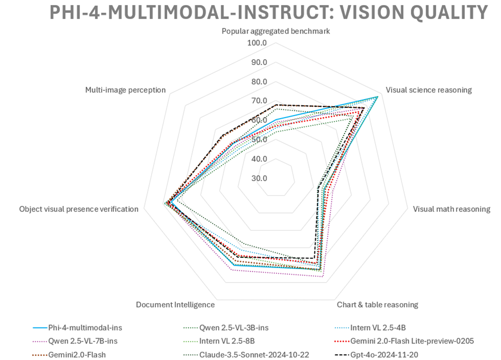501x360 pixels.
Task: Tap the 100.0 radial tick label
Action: point(257,43)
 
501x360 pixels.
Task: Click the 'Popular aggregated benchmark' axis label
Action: point(276,31)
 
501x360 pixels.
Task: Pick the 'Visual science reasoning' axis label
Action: point(429,90)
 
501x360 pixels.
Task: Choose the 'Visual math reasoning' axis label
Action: point(451,209)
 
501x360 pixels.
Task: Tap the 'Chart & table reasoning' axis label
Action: point(378,304)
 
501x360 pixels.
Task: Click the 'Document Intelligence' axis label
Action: point(175,304)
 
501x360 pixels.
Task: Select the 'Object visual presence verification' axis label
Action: point(79,209)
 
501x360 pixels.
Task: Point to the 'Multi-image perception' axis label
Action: point(125,90)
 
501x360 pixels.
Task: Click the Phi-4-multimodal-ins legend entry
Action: point(85,327)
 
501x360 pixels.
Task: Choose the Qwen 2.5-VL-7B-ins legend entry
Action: point(85,340)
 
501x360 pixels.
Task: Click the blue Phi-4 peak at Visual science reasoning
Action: point(378,96)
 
